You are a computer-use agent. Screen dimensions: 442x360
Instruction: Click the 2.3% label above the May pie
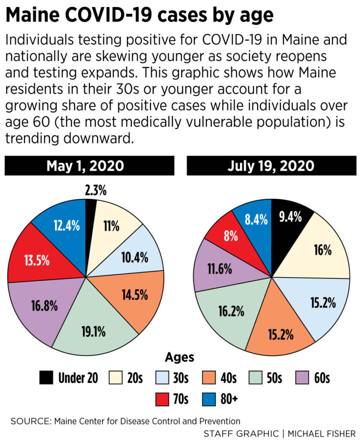95,191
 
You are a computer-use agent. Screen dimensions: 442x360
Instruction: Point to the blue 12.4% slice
66,226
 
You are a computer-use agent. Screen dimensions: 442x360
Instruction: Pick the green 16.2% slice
230,311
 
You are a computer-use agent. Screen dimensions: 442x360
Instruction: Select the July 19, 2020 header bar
271,166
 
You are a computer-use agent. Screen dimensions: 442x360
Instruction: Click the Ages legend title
179,357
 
